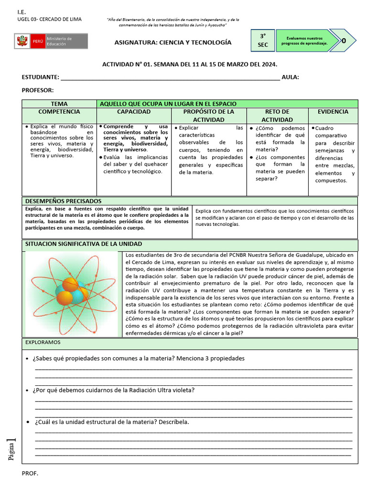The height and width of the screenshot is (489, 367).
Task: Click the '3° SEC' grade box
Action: tap(263, 40)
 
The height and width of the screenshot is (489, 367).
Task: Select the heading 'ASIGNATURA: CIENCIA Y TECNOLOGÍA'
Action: tap(173, 43)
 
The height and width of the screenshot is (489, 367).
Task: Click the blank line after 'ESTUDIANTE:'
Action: tap(170, 78)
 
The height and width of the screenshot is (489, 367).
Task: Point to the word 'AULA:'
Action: tap(291, 77)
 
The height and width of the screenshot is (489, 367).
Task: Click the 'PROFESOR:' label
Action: tap(38, 90)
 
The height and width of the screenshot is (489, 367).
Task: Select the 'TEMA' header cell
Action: tap(59, 104)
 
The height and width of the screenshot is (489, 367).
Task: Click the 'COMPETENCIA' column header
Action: tap(59, 112)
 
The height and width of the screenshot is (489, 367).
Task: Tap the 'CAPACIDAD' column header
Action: tap(134, 112)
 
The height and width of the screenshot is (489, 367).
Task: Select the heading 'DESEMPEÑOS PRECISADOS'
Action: tap(63, 201)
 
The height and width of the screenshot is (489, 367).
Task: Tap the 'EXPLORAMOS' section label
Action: tap(43, 342)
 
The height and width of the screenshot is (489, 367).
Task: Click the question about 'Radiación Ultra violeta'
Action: tap(113, 390)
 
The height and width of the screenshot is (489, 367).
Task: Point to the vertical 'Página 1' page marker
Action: tap(11, 449)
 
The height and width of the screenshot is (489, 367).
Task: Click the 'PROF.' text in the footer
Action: tap(30, 473)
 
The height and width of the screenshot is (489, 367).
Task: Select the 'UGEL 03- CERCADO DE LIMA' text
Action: tap(49, 19)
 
